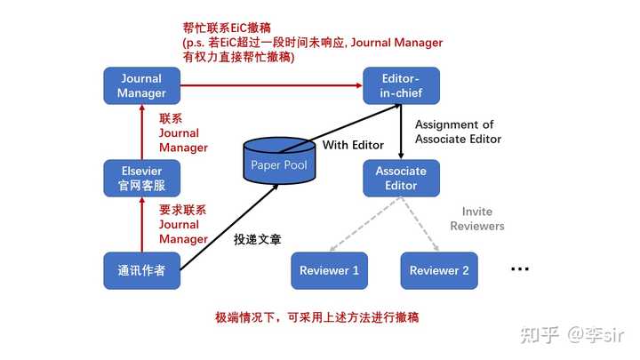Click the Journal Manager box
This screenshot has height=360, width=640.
pos(141,85)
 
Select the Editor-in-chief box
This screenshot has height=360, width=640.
pos(401,85)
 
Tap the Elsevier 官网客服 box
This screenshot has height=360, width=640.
pos(141,178)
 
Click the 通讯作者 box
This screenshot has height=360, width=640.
pos(141,270)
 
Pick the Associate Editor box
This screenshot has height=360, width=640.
pos(401,178)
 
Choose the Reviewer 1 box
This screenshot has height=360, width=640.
pos(330,270)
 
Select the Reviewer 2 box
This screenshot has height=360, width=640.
pos(439,270)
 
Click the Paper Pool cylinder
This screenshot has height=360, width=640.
pos(279,160)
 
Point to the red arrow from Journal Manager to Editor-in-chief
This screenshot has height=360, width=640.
pos(271,85)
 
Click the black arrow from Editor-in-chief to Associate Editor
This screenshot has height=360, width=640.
pos(401,132)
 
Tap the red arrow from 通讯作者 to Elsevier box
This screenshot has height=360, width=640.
pos(142,225)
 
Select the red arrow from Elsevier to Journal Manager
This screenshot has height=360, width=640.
pos(142,132)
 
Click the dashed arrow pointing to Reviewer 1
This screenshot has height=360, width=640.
pos(365,224)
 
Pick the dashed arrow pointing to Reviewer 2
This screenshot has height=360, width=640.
pos(420,224)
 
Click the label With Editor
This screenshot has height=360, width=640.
pos(353,145)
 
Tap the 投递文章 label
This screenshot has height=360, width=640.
pos(258,239)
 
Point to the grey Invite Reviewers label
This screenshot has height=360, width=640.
pos(477,219)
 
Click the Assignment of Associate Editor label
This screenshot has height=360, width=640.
pos(458,132)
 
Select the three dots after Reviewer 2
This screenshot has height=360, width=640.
pos(520,269)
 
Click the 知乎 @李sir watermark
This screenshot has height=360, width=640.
pos(572,335)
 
